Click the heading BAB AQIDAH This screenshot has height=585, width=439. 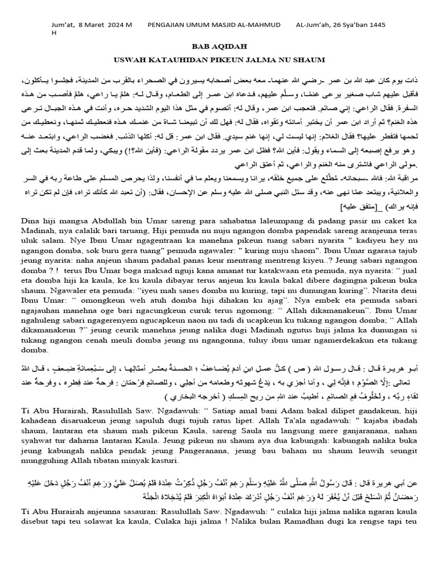tap(219, 49)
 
